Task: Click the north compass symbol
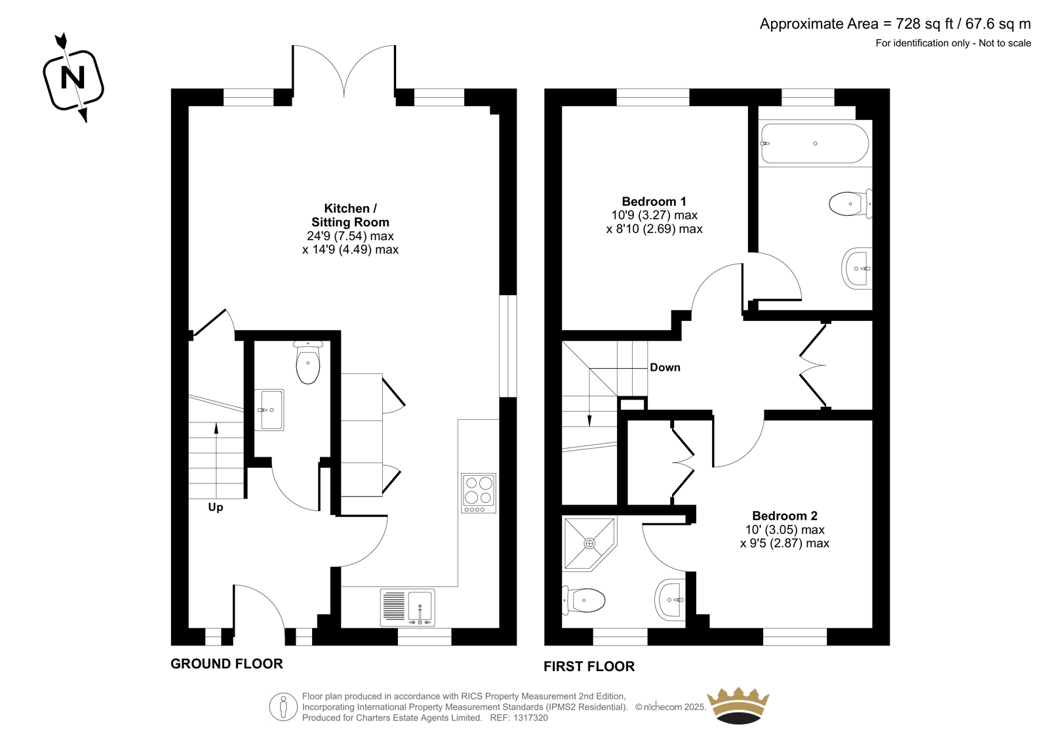pos(73,78)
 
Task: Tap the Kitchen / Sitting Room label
pos(350,215)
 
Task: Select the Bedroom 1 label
pos(654,201)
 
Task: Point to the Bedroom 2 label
pos(785,516)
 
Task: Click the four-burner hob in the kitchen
pos(479,493)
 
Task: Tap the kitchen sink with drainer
pos(407,608)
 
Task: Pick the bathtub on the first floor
pos(815,144)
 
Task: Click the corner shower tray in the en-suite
pos(589,544)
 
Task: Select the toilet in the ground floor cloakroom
pos(308,362)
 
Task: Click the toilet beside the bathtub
pos(850,204)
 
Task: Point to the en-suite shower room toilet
pos(584,600)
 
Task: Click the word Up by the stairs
pos(216,507)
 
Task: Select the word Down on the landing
pos(665,367)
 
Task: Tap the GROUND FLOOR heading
pos(227,664)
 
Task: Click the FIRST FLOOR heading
pos(589,666)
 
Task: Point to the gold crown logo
pos(738,706)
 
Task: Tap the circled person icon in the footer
pos(283,707)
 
